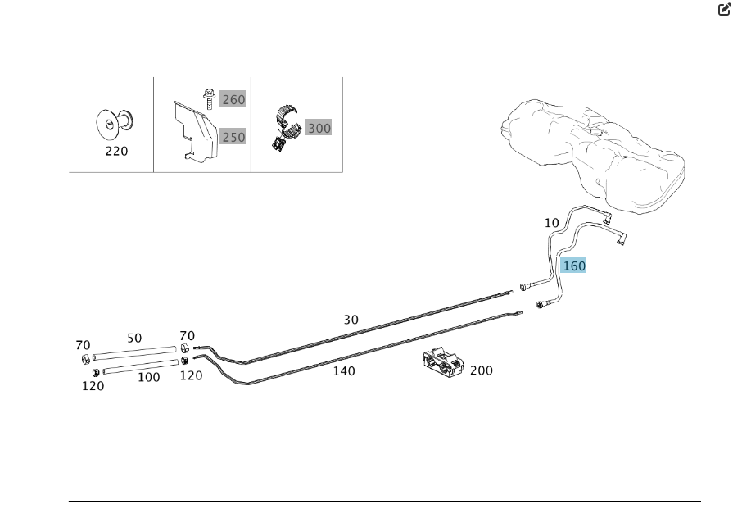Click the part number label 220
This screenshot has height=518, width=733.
click(x=116, y=152)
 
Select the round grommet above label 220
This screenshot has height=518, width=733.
click(x=114, y=122)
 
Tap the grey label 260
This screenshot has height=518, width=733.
click(x=233, y=99)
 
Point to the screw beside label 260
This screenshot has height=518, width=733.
click(x=209, y=98)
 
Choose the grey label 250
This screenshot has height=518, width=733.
click(x=233, y=137)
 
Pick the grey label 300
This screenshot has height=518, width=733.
click(x=319, y=128)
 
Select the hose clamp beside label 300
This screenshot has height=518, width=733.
click(x=283, y=127)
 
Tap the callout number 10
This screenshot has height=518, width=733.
click(x=551, y=223)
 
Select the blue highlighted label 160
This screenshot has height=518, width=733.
click(x=573, y=266)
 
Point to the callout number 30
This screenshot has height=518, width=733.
click(x=351, y=320)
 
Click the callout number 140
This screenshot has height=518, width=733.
click(x=344, y=371)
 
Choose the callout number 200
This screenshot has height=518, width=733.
click(x=482, y=370)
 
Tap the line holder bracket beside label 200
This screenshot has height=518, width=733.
click(x=444, y=366)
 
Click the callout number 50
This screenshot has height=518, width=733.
click(x=134, y=338)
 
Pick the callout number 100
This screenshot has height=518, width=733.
click(x=148, y=377)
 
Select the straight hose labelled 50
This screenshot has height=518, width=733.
click(x=135, y=353)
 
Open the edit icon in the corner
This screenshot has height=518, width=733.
click(x=723, y=10)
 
